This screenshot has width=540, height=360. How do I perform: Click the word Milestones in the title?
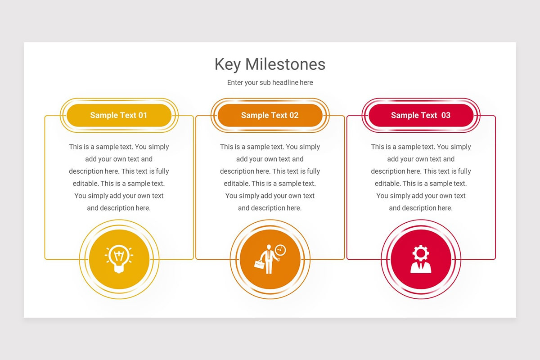[x=285, y=64]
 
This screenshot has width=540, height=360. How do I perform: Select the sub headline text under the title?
[x=270, y=82]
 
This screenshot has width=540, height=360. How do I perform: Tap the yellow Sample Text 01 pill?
[x=119, y=115]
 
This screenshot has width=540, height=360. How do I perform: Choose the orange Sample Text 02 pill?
[x=270, y=115]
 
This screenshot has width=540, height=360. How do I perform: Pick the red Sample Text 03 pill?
[x=421, y=115]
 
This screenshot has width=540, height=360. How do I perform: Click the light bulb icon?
[x=119, y=259]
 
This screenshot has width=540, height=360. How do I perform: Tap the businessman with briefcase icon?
[x=269, y=259]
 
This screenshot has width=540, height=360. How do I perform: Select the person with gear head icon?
[x=421, y=259]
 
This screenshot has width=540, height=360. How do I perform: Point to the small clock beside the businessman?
[x=280, y=250]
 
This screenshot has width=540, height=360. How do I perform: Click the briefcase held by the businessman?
[x=259, y=264]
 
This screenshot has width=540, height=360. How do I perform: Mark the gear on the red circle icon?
[x=421, y=252]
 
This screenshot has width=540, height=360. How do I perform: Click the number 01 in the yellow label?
[x=143, y=115]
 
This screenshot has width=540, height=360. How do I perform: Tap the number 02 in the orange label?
[x=294, y=115]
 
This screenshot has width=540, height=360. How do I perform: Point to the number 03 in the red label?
[x=445, y=115]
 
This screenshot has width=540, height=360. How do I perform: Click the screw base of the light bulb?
[x=119, y=269]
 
